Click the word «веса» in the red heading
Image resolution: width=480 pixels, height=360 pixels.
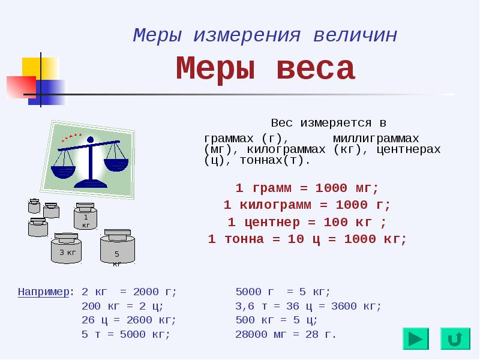pyautogui.click(x=316, y=68)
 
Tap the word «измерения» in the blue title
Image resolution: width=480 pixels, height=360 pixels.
pyautogui.click(x=247, y=35)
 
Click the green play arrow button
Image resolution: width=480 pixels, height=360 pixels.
pyautogui.click(x=416, y=338)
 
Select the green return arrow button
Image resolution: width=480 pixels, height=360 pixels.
pyautogui.click(x=455, y=338)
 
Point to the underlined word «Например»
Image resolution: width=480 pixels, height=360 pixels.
pyautogui.click(x=43, y=292)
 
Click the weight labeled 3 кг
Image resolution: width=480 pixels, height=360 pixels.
pyautogui.click(x=66, y=248)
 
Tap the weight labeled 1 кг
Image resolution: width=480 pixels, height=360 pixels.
pyautogui.click(x=85, y=216)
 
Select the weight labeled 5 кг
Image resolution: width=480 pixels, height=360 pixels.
pyautogui.click(x=117, y=247)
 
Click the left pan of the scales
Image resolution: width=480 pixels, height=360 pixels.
pyautogui.click(x=63, y=171)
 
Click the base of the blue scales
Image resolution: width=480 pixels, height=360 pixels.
pyautogui.click(x=91, y=184)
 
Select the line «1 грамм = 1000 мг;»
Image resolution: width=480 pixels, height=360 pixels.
pyautogui.click(x=307, y=188)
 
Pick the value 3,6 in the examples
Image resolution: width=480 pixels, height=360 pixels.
pyautogui.click(x=245, y=307)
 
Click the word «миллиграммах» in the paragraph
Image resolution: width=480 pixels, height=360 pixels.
pyautogui.click(x=376, y=139)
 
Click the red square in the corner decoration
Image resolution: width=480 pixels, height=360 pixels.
pyautogui.click(x=22, y=87)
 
